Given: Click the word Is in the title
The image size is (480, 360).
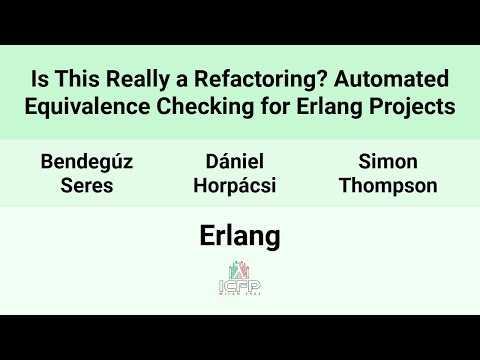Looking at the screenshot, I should click(x=42, y=79).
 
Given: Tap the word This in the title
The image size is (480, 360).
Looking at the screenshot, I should click(x=79, y=79).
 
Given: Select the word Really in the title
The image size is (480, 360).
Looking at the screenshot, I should click(x=140, y=79).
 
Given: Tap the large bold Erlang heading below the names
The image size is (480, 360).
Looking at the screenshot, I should click(x=239, y=236).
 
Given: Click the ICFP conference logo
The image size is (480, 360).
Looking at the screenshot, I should click(x=239, y=277).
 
